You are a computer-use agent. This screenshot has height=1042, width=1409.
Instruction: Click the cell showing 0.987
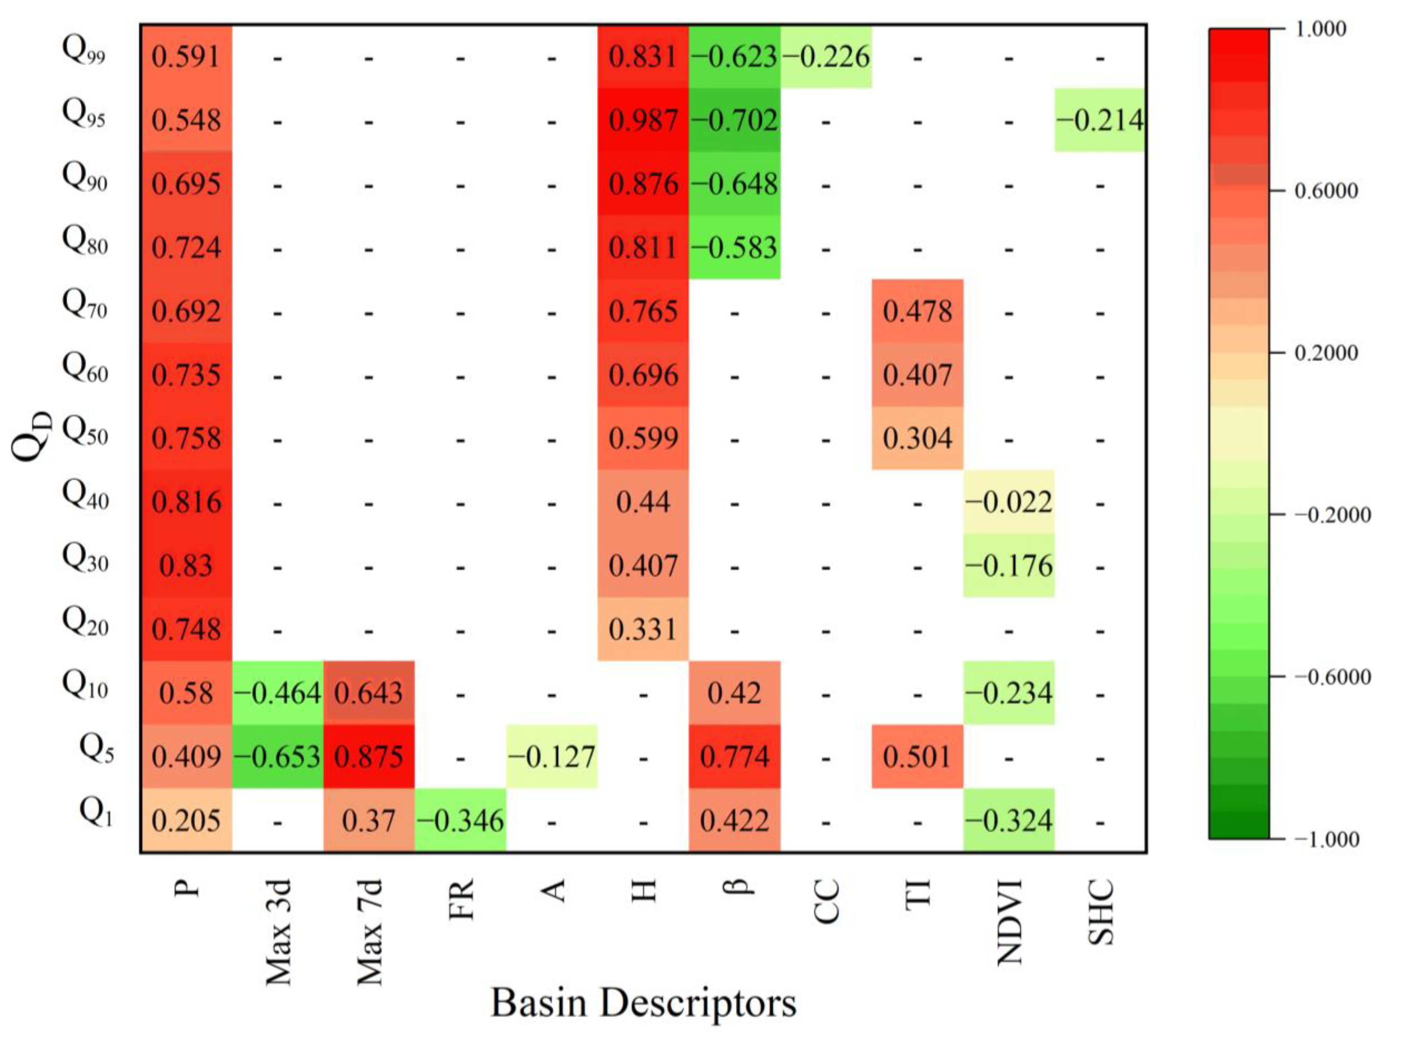coord(643,120)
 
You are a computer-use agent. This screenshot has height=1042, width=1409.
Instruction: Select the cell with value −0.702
coord(735,120)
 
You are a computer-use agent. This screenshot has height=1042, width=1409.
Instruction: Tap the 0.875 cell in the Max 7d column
coord(369,756)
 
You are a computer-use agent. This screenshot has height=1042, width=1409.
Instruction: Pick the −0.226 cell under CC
coord(826,57)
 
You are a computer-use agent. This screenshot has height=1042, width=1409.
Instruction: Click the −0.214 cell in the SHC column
coord(1100,120)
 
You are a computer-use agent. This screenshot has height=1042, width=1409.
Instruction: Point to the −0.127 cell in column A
coord(551,756)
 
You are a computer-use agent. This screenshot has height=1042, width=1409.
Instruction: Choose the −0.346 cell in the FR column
coord(460,820)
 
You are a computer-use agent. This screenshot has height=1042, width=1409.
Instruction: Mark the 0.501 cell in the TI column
coord(917,756)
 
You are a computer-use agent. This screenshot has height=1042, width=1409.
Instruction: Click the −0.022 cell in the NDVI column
coord(1009,502)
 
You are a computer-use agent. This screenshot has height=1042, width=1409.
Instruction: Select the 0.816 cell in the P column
coord(186,502)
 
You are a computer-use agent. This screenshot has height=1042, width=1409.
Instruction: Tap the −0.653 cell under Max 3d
coord(277,756)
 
